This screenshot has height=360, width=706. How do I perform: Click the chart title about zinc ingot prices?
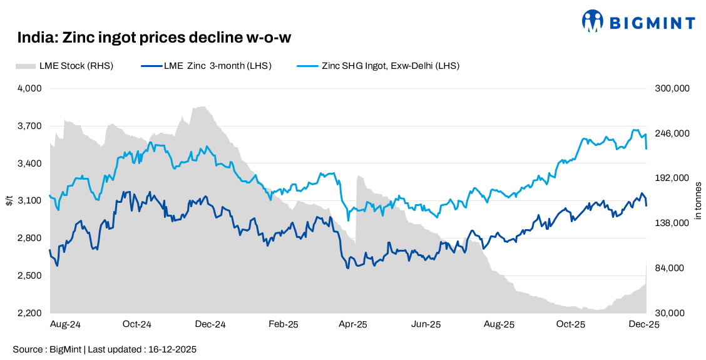click(154, 38)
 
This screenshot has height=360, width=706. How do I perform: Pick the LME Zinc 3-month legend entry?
click(207, 65)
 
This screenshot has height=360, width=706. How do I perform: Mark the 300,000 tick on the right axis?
click(672, 89)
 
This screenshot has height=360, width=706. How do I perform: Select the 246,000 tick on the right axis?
click(672, 133)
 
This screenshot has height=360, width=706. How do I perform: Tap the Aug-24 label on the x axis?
click(65, 324)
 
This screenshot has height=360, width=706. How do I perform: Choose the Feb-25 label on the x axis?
click(283, 324)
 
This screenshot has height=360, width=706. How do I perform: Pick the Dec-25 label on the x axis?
click(643, 324)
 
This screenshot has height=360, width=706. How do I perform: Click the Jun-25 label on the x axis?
click(427, 324)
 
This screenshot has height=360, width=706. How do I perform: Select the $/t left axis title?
click(9, 200)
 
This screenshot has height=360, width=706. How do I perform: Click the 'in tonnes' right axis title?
click(698, 200)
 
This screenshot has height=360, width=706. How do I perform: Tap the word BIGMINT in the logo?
click(652, 23)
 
